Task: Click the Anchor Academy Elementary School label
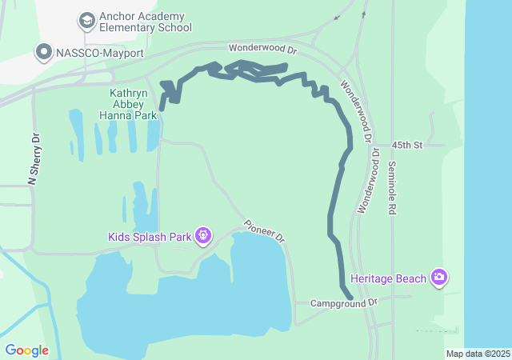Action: pos(142,22)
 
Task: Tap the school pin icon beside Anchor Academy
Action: pos(86,19)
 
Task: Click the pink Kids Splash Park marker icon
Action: pos(204,236)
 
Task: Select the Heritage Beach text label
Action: pos(388,280)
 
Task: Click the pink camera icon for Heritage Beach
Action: pos(438,278)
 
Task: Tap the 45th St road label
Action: pos(407,145)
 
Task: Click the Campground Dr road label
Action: pos(343,303)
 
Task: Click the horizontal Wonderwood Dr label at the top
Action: pos(262,49)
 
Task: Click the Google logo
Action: pos(26,350)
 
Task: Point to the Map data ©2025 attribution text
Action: pos(478,354)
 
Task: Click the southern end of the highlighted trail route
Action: pos(350,298)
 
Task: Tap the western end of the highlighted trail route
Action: pos(162,107)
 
